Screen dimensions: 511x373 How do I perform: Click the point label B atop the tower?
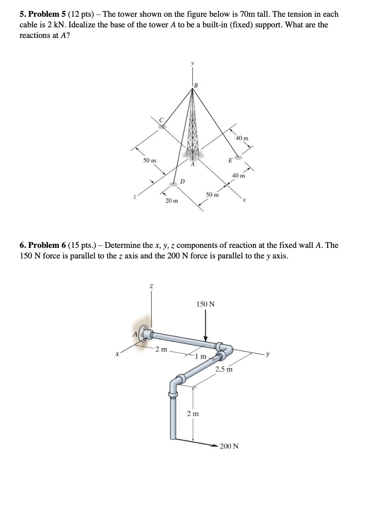point(196,86)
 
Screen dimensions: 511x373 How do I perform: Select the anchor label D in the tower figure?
point(183,181)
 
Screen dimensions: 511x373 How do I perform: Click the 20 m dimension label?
point(172,201)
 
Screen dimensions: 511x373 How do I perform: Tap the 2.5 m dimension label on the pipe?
point(224,369)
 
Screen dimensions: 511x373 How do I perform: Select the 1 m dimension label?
point(200,356)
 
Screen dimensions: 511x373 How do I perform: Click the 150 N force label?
point(205,304)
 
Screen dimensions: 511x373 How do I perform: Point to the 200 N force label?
point(229,446)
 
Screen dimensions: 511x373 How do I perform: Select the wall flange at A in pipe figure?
point(145,334)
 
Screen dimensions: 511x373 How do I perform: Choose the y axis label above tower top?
point(193,63)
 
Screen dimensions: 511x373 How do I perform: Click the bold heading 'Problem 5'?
point(44,14)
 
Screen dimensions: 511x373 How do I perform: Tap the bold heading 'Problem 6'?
point(44,245)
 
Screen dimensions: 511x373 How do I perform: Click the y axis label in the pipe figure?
point(268,354)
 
